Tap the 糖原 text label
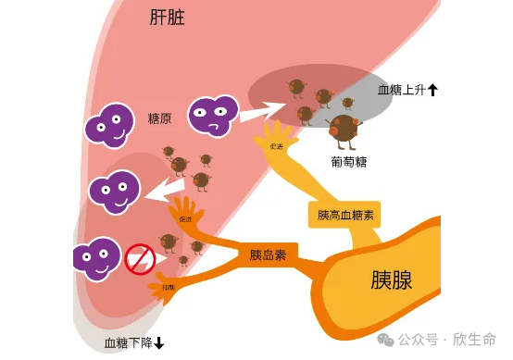(159, 118)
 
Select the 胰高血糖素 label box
(344, 215)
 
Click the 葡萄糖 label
(349, 161)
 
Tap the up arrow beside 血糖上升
(432, 90)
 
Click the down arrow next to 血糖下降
(159, 343)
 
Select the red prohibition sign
(139, 259)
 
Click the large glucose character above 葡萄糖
(344, 130)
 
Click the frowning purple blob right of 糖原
(213, 115)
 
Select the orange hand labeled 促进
(184, 217)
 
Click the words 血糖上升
(400, 90)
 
